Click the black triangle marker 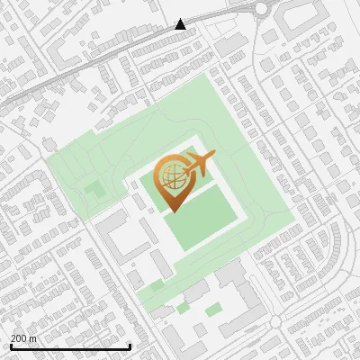tap(181, 24)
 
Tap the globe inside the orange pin tap(172, 176)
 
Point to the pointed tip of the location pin tap(170, 211)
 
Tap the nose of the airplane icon tap(213, 156)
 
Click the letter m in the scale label tap(33, 338)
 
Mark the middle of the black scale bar tap(70, 346)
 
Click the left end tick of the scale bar tap(11, 346)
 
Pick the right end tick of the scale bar tap(130, 346)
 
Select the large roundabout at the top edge tap(262, 9)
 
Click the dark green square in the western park tap(94, 189)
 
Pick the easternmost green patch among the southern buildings tap(213, 310)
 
